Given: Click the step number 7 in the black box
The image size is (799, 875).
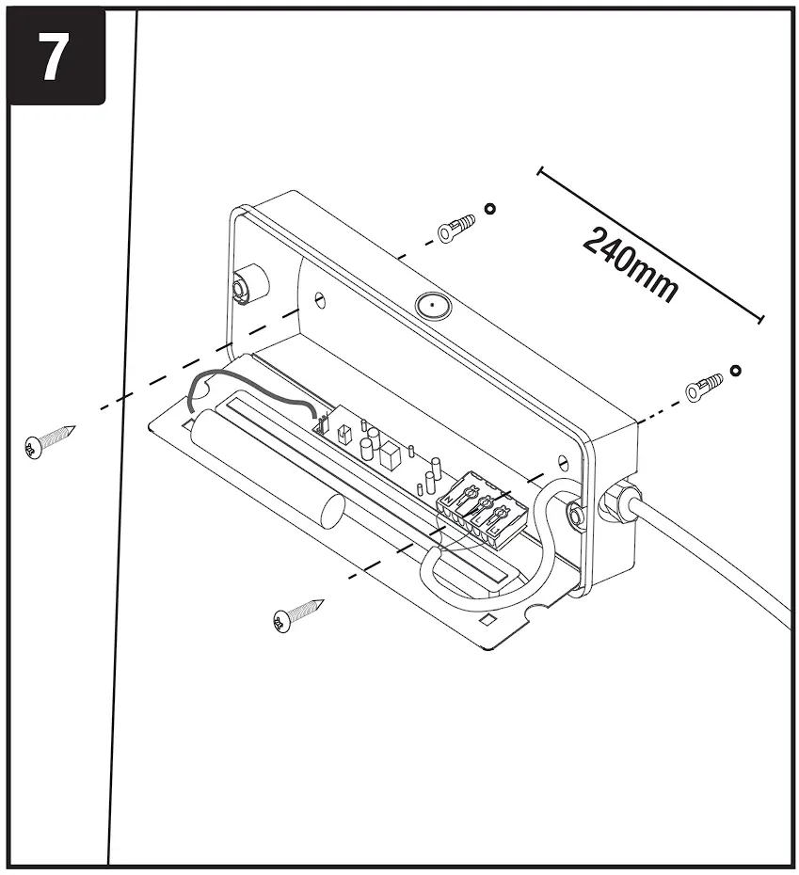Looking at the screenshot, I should [x=53, y=57].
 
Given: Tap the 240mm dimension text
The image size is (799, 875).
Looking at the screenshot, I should [x=630, y=266].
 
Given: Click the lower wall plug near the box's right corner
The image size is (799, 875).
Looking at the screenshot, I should [x=704, y=386].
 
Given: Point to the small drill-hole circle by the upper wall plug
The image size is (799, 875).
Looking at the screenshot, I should [x=488, y=208].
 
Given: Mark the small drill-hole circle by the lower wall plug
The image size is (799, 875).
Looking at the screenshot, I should [x=735, y=370].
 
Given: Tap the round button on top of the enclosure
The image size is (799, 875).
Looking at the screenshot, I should [x=431, y=306].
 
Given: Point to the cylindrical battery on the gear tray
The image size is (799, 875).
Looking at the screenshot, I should [x=268, y=460].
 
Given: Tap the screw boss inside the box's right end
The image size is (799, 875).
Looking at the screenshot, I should [x=571, y=512].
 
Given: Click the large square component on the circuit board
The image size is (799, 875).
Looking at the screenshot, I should [x=389, y=455].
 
